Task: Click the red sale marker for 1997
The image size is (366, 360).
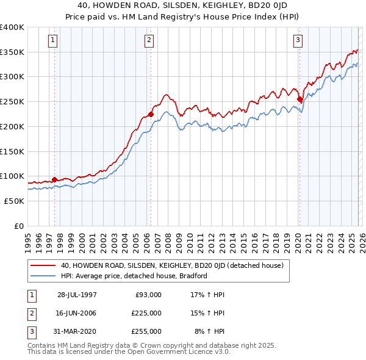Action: point(55,179)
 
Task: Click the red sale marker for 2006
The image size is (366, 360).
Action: point(151,114)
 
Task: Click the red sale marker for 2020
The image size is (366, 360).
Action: point(300,99)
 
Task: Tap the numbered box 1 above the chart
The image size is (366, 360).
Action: point(54,41)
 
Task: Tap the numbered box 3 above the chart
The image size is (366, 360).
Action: point(298,41)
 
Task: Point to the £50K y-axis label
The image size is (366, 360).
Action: point(13,201)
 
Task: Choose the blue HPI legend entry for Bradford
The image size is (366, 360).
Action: point(134,276)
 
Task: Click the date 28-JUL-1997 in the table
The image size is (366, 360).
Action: point(77,294)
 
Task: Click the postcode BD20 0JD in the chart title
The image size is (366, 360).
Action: point(276,5)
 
